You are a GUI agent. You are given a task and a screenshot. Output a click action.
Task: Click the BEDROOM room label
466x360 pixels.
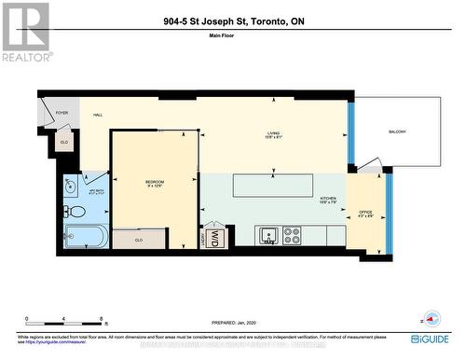point(155,182)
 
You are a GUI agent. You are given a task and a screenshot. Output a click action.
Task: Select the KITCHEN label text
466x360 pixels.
point(329,200)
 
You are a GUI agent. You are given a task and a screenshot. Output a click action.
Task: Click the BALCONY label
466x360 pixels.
point(398,132)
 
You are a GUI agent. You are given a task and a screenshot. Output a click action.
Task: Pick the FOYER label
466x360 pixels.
point(62,113)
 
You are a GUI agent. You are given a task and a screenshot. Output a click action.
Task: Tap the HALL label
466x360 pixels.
point(97,115)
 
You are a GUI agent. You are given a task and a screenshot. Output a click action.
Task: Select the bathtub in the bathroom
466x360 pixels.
point(86,237)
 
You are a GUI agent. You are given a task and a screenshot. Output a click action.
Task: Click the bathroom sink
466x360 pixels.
point(72,185)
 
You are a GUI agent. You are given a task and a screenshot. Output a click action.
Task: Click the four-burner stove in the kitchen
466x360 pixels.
point(292,235)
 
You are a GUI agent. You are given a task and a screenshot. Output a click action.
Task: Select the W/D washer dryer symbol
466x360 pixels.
point(213,239)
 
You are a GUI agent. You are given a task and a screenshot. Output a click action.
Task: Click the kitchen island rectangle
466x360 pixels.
point(271,184)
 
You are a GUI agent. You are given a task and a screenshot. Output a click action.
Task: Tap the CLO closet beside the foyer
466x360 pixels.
point(63,142)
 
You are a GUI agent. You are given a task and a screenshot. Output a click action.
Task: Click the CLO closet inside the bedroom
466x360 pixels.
point(139,239)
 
